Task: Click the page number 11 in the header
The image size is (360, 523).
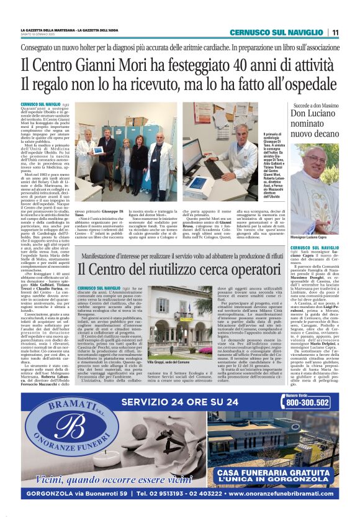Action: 335,32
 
